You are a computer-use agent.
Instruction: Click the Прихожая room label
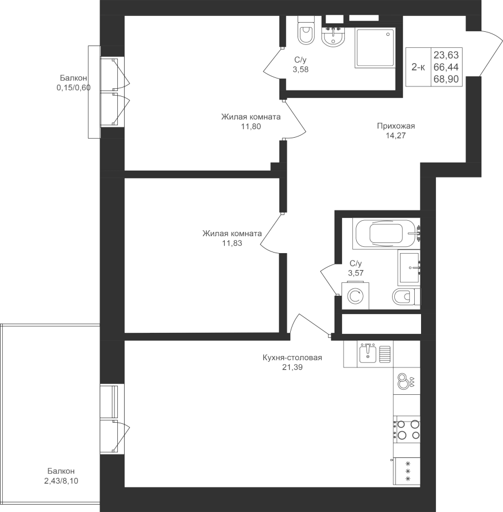click(395, 126)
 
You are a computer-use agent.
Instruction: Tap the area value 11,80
click(251, 126)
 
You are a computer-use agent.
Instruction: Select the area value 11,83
click(232, 243)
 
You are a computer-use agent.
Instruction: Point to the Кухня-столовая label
click(292, 358)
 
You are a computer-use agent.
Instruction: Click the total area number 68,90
click(446, 79)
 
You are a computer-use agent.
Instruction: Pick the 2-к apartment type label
click(418, 67)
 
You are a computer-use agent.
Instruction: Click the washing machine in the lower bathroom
click(356, 295)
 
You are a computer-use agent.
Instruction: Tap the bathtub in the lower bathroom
click(386, 233)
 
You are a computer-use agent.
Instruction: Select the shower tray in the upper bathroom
click(375, 48)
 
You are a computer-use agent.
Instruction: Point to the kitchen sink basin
click(368, 354)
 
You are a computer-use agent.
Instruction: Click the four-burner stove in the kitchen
click(407, 430)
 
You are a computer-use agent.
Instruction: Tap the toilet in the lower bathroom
click(406, 297)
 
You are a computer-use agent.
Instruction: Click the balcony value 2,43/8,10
click(61, 481)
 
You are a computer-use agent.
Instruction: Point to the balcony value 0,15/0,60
click(73, 88)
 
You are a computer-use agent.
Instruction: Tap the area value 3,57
click(356, 273)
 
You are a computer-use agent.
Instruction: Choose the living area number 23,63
click(446, 55)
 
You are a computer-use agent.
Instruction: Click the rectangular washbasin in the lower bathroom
click(409, 268)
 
